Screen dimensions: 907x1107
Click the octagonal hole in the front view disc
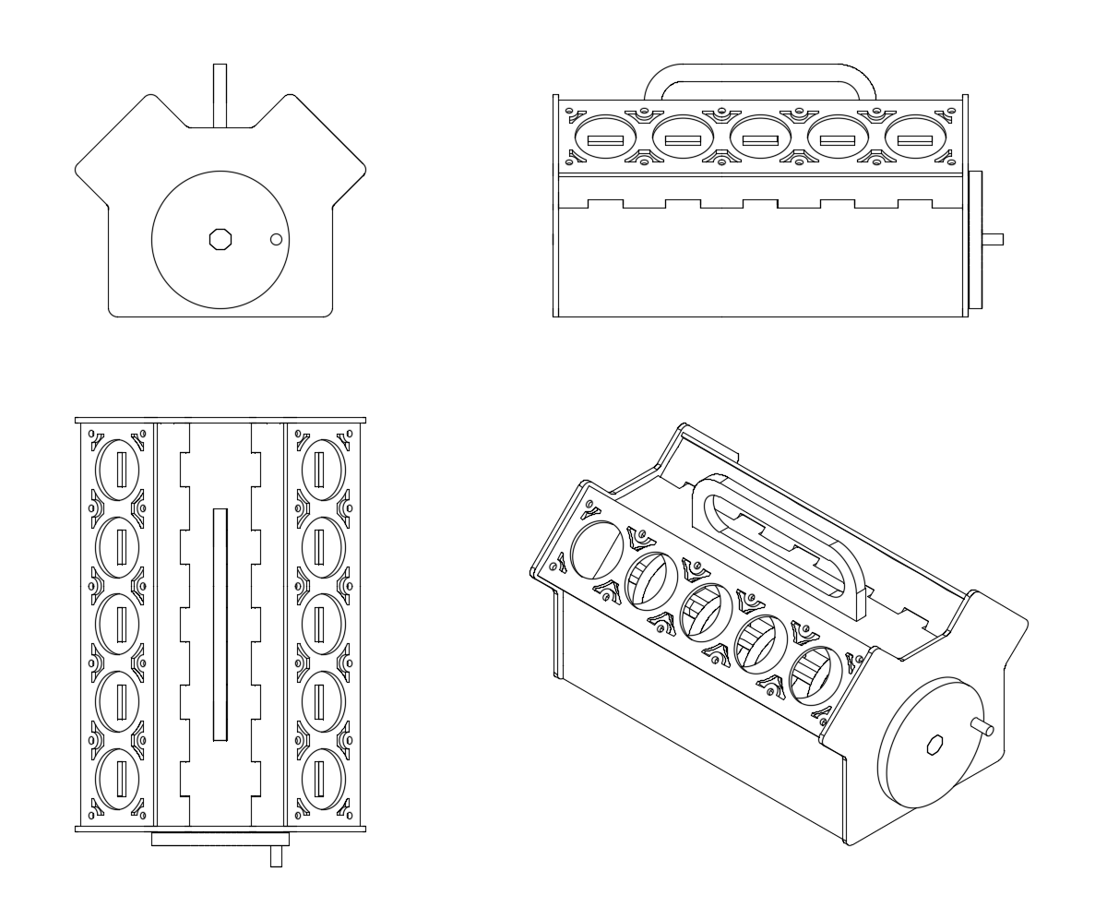(x=220, y=239)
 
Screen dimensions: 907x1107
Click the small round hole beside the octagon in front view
(x=275, y=240)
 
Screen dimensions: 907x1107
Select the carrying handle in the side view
(x=759, y=73)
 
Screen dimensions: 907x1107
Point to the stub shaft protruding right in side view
(x=993, y=240)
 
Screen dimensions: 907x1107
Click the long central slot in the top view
(x=220, y=624)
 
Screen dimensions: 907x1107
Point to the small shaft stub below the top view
(x=276, y=857)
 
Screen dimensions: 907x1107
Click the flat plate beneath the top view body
(x=220, y=840)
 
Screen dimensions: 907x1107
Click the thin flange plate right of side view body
(x=975, y=240)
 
